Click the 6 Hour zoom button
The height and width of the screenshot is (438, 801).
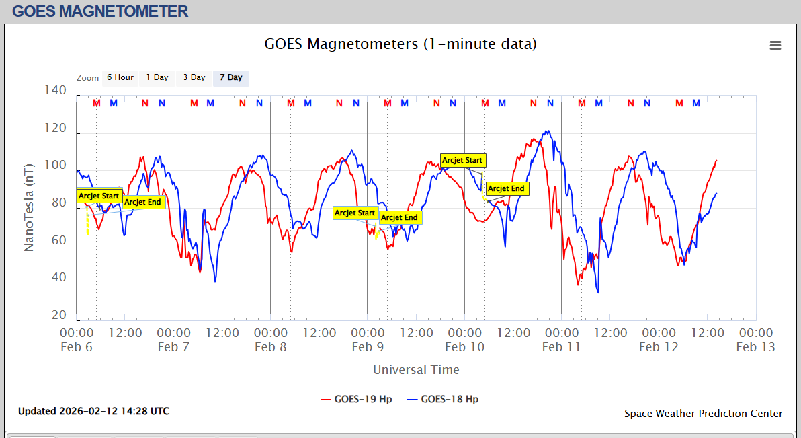click(x=120, y=77)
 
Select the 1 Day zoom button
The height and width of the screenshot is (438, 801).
click(x=157, y=77)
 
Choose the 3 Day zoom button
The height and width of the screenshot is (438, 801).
click(x=194, y=77)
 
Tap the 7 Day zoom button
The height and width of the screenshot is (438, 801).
click(x=231, y=77)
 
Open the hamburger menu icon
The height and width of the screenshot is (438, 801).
click(x=775, y=45)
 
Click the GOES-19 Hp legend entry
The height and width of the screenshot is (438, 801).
click(x=356, y=399)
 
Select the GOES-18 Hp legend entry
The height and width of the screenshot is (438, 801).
click(x=443, y=399)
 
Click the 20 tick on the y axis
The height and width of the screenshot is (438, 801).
click(x=59, y=316)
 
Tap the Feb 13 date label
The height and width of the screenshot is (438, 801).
click(x=755, y=347)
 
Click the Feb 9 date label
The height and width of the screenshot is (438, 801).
click(x=367, y=347)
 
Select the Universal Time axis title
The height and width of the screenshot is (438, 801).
click(x=416, y=369)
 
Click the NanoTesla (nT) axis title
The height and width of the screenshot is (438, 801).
click(x=29, y=207)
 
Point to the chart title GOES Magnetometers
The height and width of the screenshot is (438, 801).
click(x=400, y=44)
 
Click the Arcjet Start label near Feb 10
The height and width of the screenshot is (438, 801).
click(x=462, y=160)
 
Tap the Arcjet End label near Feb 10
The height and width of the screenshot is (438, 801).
click(x=506, y=189)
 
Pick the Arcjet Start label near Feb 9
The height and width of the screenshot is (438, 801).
click(x=355, y=213)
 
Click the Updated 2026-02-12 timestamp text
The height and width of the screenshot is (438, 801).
click(x=93, y=411)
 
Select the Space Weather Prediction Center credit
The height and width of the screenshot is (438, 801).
click(x=703, y=414)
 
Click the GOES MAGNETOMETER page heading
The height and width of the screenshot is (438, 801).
click(x=100, y=11)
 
